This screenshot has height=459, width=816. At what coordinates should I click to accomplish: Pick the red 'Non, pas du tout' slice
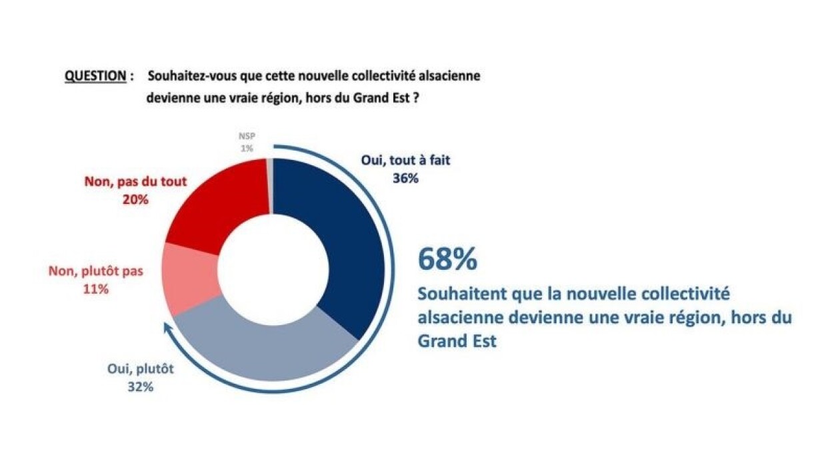click(213, 200)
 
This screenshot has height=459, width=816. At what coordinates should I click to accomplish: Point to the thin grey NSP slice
click(271, 186)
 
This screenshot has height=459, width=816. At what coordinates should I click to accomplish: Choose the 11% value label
click(96, 290)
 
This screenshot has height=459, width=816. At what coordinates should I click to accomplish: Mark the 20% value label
click(136, 199)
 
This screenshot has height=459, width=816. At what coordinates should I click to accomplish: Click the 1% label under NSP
click(247, 149)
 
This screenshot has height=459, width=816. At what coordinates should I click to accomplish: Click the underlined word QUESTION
click(95, 76)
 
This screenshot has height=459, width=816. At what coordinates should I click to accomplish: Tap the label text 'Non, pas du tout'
click(136, 180)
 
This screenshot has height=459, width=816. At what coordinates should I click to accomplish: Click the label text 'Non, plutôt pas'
click(96, 272)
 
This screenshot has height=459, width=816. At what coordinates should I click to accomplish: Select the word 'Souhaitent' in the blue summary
click(453, 294)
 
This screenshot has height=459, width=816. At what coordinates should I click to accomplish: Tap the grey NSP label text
click(247, 138)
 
